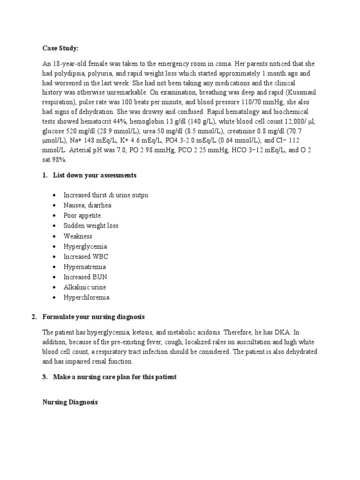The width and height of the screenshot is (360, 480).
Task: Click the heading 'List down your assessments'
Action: tap(94, 175)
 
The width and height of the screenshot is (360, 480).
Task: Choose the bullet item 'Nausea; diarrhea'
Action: tap(87, 205)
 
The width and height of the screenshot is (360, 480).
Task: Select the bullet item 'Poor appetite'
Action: tap(82, 216)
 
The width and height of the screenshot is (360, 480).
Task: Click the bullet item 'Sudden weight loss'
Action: tap(91, 225)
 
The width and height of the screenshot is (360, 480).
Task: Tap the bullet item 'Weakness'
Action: tap(78, 236)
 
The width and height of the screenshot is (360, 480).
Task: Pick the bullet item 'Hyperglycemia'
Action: tap(85, 247)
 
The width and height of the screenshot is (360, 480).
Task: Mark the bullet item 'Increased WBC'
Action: tap(86, 257)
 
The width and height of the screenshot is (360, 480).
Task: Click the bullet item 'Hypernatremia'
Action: tap(85, 267)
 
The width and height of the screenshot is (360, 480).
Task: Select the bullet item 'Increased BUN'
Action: tap(85, 277)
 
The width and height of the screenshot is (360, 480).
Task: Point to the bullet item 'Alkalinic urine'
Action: tap(85, 287)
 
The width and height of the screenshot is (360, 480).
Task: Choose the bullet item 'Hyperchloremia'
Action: tap(86, 297)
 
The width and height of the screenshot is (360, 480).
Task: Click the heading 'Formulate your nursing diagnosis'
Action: tap(94, 317)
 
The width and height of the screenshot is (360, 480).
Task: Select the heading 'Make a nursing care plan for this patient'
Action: tap(114, 377)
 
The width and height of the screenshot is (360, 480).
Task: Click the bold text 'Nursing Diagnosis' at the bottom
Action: tap(70, 402)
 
